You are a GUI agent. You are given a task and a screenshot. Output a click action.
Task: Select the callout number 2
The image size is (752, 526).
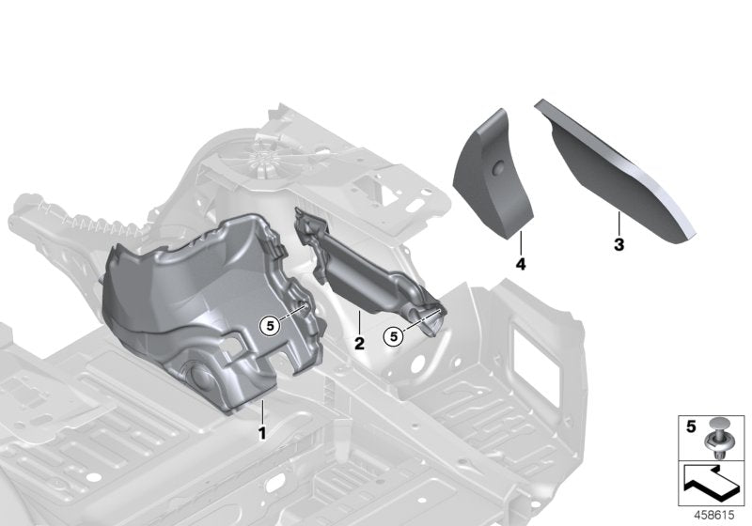click(x=358, y=344)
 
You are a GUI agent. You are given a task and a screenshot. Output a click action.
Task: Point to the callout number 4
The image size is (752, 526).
click(x=520, y=265)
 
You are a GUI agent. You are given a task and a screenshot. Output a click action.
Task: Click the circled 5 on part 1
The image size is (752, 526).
click(x=272, y=325)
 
